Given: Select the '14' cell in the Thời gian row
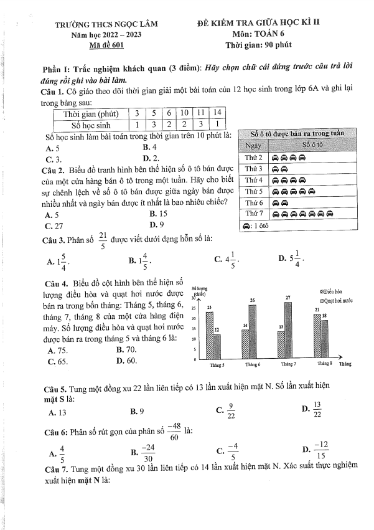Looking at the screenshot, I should point(217,113).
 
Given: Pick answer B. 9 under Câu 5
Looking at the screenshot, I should point(138,411).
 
